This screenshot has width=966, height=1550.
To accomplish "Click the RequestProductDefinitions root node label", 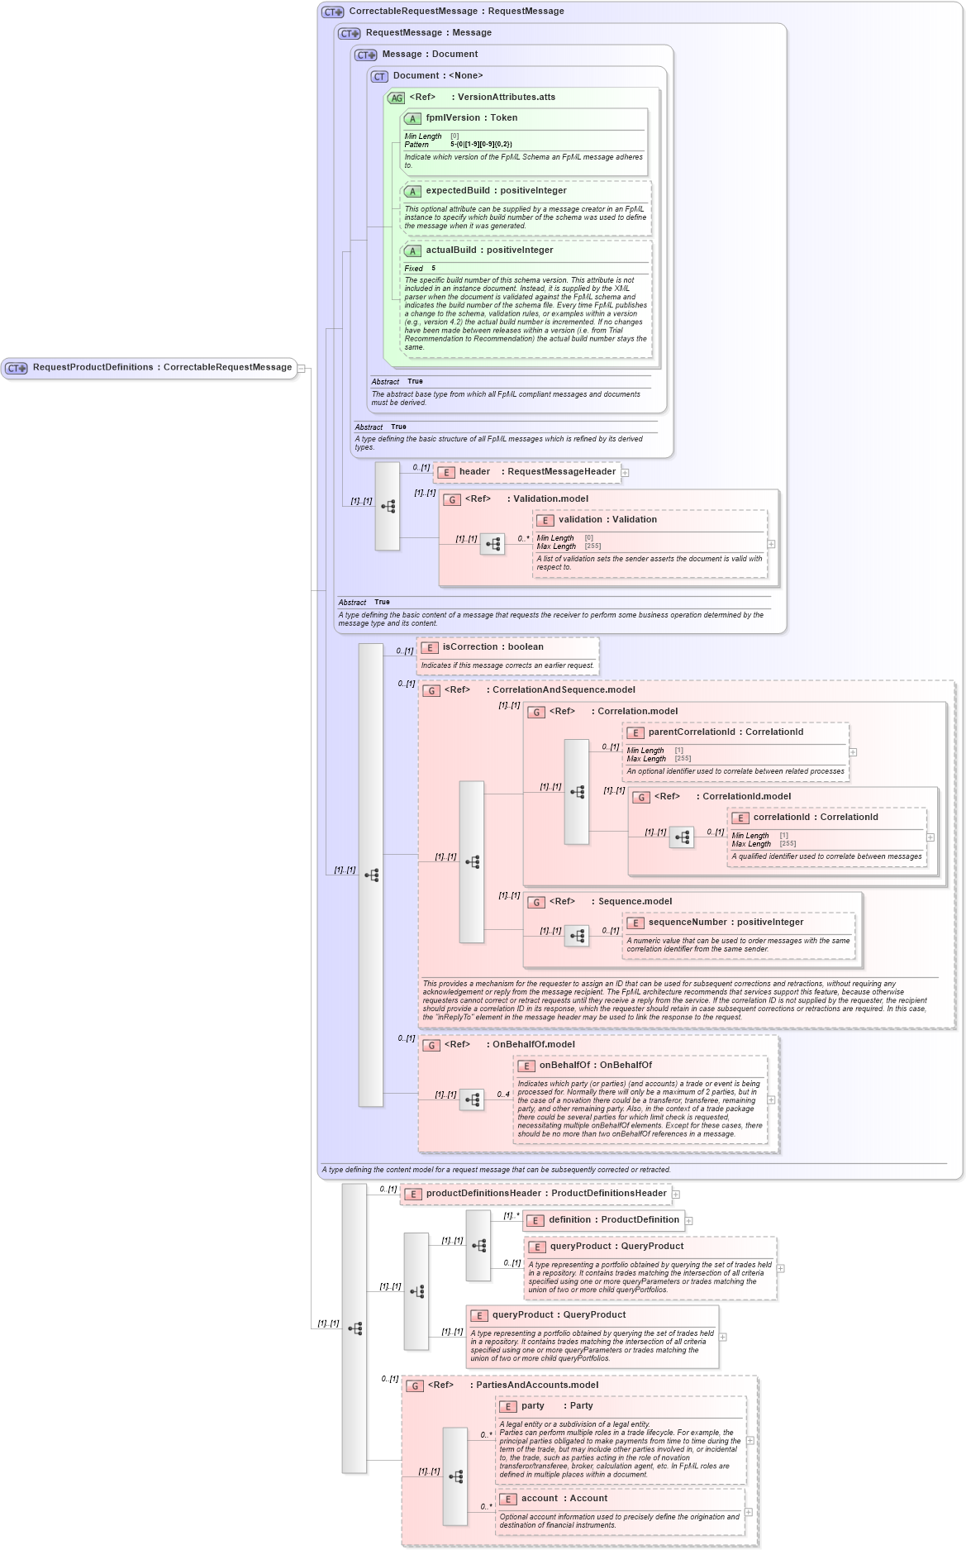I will point(162,367).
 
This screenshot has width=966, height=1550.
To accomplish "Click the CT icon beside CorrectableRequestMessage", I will point(333,12).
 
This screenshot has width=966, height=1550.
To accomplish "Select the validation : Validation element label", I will point(607,520).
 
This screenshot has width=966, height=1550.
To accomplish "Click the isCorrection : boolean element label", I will point(493,647).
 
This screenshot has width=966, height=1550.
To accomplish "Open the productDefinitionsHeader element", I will point(545,1194).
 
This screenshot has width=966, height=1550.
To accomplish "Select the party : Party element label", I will point(556,1406).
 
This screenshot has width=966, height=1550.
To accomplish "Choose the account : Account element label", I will point(564,1499).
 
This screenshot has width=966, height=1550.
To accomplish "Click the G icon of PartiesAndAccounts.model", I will point(415,1385).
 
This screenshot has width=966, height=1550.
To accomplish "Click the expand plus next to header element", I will point(626,473).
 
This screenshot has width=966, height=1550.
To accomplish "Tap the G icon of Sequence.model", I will point(536,902).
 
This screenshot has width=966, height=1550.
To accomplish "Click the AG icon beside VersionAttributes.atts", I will point(397,98).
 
